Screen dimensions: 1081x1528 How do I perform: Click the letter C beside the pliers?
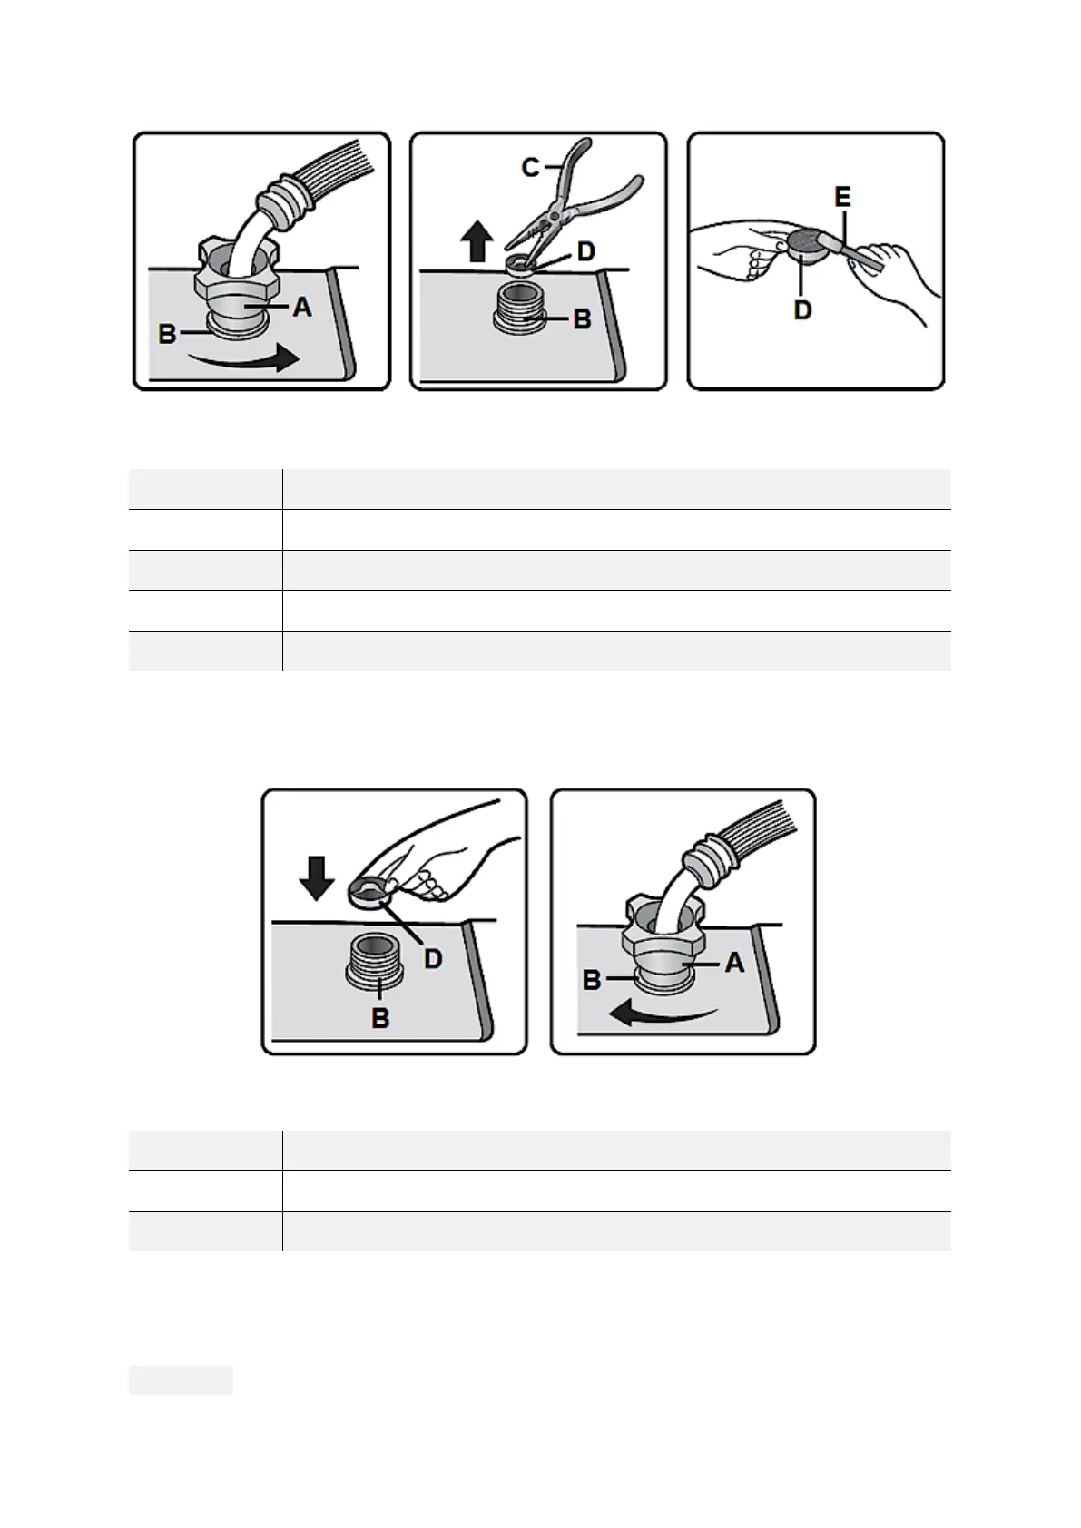531,167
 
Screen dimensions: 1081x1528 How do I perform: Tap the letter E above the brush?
843,198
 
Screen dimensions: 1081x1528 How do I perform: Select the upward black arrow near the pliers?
477,240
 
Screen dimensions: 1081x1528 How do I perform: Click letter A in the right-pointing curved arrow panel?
302,308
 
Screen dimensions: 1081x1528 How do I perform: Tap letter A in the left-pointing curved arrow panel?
734,964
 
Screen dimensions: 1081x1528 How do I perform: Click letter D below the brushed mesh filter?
802,310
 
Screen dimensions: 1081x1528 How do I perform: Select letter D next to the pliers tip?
586,251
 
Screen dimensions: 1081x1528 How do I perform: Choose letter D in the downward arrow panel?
433,959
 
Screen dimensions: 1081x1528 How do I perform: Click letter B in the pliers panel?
582,319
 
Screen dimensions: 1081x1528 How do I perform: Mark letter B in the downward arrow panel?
380,1018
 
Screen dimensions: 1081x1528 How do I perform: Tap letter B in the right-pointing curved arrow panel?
167,334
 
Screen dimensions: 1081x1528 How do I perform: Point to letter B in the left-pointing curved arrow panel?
592,980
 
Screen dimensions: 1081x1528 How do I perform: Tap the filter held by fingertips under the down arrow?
368,892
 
